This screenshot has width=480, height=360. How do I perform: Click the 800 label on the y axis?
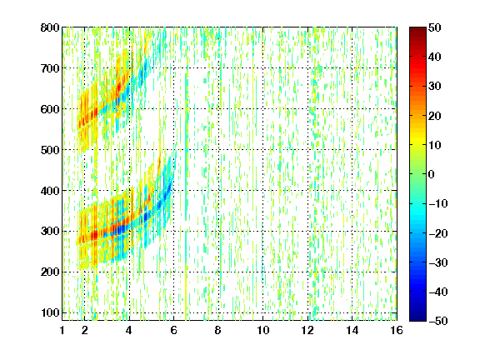click(x=50, y=27)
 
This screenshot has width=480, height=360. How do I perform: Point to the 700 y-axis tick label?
click(x=50, y=68)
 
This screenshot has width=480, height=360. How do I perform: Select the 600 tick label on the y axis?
click(x=50, y=109)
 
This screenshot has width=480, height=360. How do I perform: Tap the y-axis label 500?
click(x=50, y=150)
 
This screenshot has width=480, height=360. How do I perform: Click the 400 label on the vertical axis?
click(x=50, y=191)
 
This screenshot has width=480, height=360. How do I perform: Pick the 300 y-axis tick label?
click(x=50, y=232)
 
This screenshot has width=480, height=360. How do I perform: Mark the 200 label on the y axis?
click(x=50, y=272)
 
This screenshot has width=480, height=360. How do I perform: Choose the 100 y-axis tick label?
click(x=50, y=312)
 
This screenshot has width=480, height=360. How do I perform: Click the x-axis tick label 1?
click(x=62, y=330)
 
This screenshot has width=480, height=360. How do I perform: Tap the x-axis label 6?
click(x=173, y=330)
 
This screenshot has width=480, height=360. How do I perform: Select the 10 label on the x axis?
click(x=262, y=330)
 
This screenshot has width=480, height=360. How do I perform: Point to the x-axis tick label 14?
click(x=352, y=330)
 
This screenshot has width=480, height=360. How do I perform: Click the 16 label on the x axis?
click(x=397, y=330)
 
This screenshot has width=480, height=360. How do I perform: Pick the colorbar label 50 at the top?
click(x=434, y=27)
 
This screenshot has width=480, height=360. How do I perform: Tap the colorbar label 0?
click(x=432, y=174)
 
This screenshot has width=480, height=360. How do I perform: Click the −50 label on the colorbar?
click(x=438, y=321)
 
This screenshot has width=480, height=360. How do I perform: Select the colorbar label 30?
click(x=434, y=87)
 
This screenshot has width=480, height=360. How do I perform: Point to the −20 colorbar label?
click(x=438, y=233)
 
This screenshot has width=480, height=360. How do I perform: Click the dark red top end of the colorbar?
click(x=417, y=28)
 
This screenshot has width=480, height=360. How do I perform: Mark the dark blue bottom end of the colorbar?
click(x=417, y=319)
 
